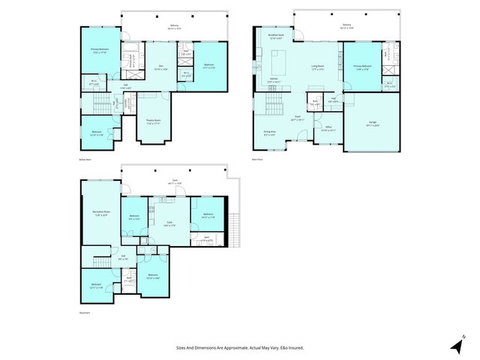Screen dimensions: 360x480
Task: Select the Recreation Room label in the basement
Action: pos(100,214)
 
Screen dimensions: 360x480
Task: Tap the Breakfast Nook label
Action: pos(276,36)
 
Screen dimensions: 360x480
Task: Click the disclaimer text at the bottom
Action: pos(240,347)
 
